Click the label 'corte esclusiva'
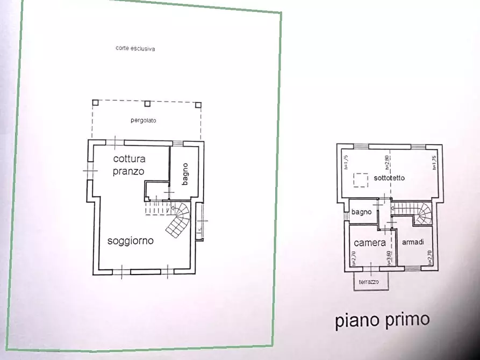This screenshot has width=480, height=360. (135, 48)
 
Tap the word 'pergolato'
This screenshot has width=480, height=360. (143, 120)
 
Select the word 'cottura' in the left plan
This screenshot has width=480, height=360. (129, 159)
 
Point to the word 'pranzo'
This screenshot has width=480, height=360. (128, 171)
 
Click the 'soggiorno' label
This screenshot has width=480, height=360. (130, 241)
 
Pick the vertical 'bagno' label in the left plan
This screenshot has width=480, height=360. (185, 174)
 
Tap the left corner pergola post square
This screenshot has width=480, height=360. (95, 102)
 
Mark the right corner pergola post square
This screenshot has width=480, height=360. (198, 104)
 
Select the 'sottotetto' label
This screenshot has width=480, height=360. (389, 178)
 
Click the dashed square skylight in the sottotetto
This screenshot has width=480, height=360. (361, 179)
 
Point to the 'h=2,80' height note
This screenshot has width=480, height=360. (387, 162)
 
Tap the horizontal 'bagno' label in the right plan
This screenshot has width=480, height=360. (362, 212)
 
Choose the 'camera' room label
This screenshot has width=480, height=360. (370, 243)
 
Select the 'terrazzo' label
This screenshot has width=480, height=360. (370, 282)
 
